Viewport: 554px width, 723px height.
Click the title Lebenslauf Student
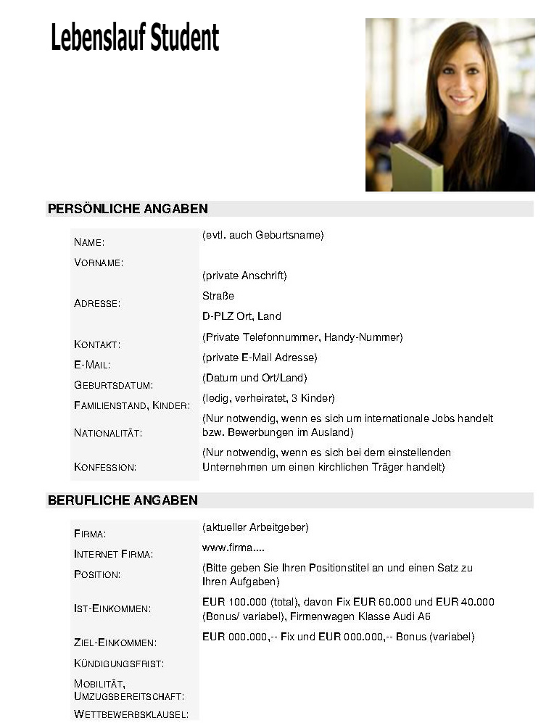135,38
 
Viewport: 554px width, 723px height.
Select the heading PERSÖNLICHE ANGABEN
128,209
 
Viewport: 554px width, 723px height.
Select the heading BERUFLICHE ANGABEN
123,500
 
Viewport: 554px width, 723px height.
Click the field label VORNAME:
99,263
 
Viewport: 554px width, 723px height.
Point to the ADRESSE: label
97,303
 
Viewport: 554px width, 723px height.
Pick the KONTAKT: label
97,344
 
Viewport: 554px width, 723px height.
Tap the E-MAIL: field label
92,365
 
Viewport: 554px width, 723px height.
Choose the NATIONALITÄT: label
108,433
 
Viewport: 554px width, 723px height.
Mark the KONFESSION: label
105,467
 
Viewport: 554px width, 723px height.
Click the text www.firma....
228,548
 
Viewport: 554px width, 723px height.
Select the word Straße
218,296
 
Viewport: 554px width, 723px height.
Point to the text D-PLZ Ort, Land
241,316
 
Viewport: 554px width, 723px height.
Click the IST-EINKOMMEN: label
112,608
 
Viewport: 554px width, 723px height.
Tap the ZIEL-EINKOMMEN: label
115,643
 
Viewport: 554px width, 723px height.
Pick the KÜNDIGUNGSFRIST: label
119,663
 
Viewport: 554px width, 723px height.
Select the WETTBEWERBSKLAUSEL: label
131,714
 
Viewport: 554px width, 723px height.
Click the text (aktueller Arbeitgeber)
256,526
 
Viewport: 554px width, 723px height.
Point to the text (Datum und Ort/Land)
255,378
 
